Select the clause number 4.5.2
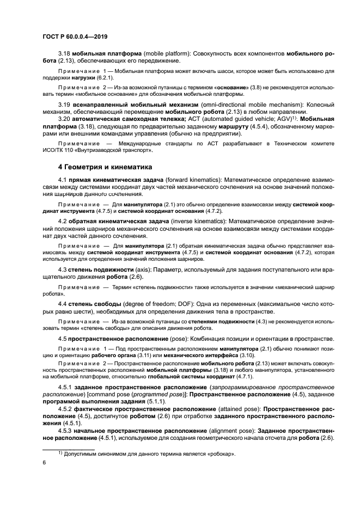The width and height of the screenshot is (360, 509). (x=66, y=408)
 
